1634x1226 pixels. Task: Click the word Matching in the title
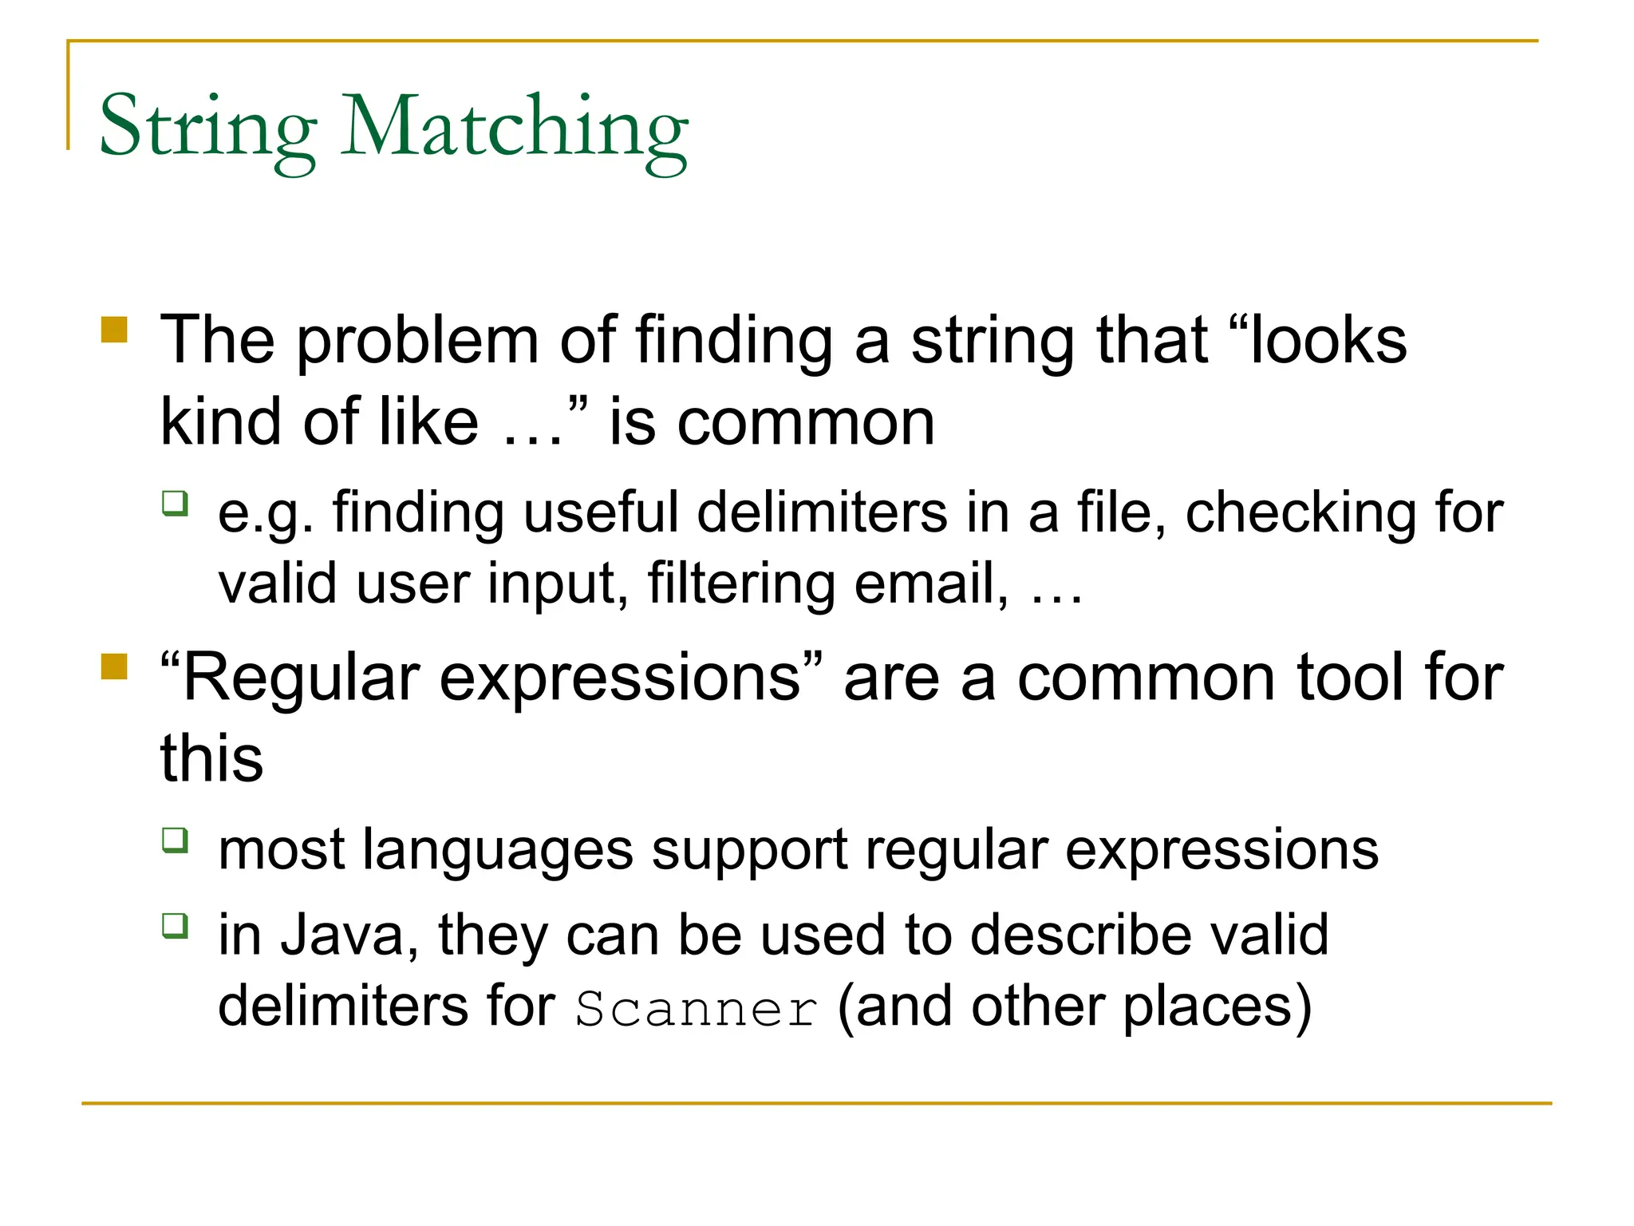point(515,128)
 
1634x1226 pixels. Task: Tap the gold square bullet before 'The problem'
point(115,330)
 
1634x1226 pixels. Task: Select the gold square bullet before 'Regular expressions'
point(115,666)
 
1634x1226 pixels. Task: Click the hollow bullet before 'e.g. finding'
point(176,504)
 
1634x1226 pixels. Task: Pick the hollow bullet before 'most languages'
point(176,840)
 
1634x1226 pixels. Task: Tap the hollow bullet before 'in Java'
point(176,926)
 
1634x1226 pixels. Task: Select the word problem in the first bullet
point(418,342)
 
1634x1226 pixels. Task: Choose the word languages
point(498,851)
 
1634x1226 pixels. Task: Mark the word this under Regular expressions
point(211,758)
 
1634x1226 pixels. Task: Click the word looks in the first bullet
point(1328,342)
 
